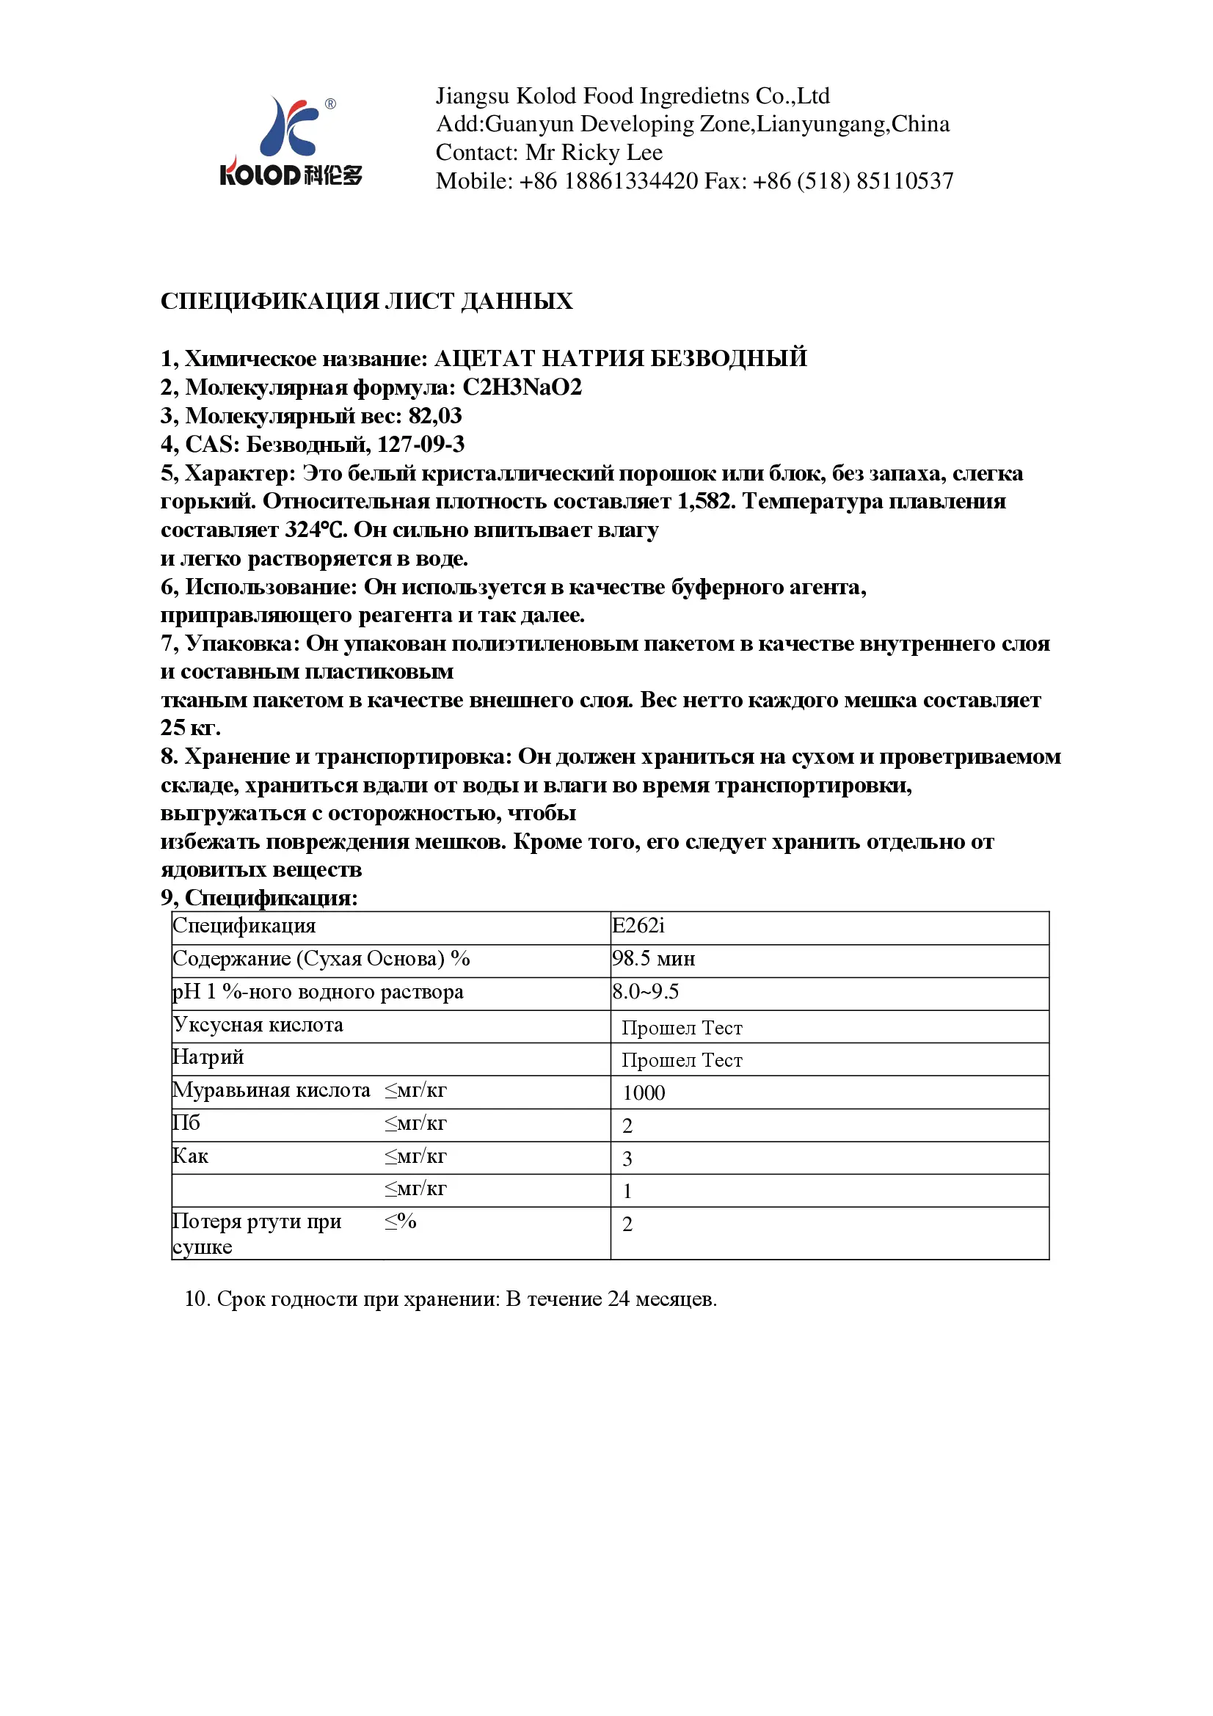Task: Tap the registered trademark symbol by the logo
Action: click(x=330, y=104)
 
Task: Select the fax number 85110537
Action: click(x=904, y=181)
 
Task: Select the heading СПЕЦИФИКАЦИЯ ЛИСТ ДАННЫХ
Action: click(x=366, y=302)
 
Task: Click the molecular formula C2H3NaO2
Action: click(x=522, y=387)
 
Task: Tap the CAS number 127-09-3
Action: click(x=420, y=445)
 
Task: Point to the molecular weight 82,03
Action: click(x=435, y=415)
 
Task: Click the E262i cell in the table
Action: click(x=638, y=926)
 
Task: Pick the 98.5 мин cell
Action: click(x=653, y=959)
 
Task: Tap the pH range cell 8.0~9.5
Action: click(x=645, y=992)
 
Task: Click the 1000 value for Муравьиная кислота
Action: click(x=644, y=1092)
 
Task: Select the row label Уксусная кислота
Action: click(x=258, y=1025)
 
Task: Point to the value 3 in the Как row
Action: click(x=627, y=1158)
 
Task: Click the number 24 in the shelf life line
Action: click(x=618, y=1299)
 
